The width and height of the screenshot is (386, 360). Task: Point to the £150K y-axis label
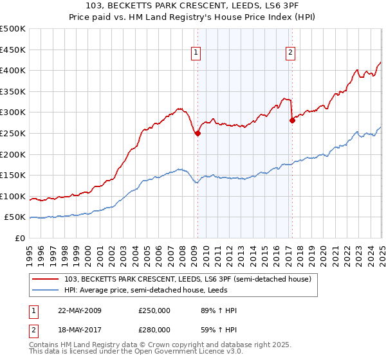(13, 175)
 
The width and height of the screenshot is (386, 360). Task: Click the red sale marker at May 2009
(198, 134)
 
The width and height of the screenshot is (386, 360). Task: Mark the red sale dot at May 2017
(292, 120)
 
